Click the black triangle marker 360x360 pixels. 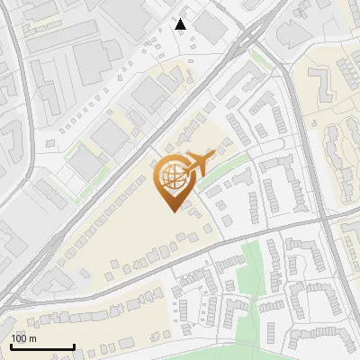click(x=182, y=24)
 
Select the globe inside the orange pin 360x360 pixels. click(x=171, y=179)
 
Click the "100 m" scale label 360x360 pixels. click(x=23, y=338)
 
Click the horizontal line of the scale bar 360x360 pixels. click(x=42, y=347)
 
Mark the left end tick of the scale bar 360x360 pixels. click(x=12, y=346)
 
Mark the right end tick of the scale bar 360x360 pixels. click(x=73, y=346)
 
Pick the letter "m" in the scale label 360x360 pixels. click(x=32, y=338)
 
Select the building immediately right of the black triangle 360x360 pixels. click(x=211, y=27)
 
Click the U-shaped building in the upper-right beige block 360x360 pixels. click(x=337, y=85)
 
